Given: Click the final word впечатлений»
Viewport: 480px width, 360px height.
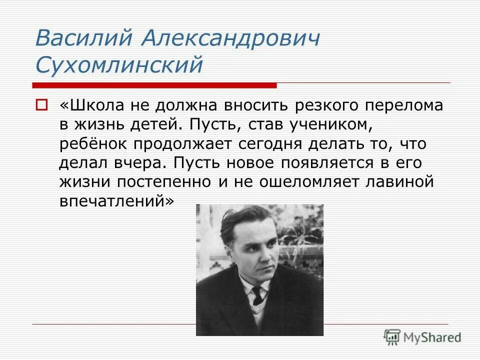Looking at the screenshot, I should pyautogui.click(x=117, y=200).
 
